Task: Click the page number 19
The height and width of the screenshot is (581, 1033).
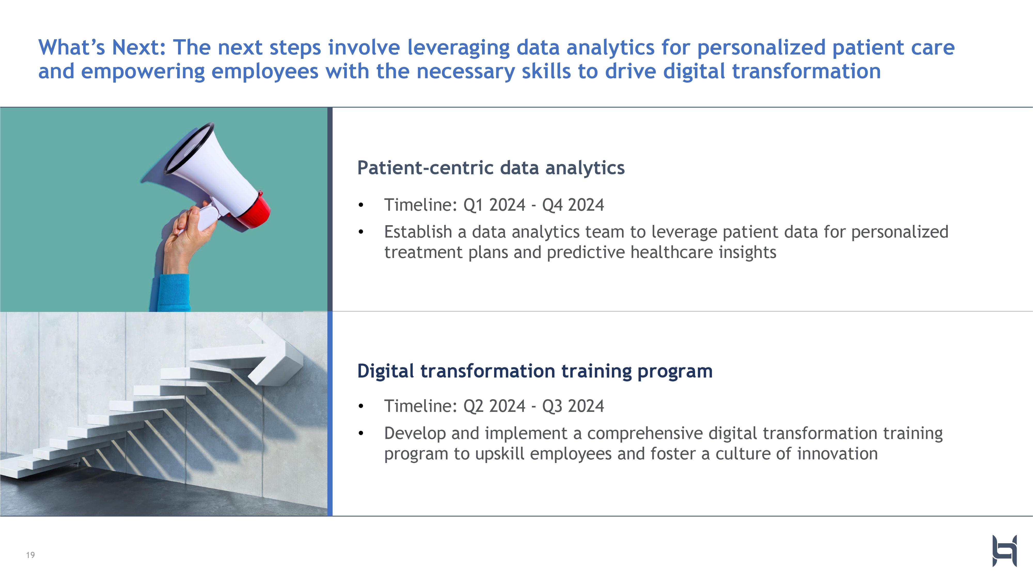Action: pyautogui.click(x=30, y=555)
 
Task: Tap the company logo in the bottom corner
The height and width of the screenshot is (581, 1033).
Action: pyautogui.click(x=1005, y=551)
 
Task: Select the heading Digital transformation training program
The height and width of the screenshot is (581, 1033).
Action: pyautogui.click(x=535, y=371)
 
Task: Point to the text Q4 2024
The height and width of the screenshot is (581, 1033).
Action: pyautogui.click(x=573, y=205)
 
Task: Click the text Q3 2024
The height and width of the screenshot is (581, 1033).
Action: pyautogui.click(x=573, y=406)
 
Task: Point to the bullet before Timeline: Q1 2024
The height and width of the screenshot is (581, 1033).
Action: pyautogui.click(x=361, y=205)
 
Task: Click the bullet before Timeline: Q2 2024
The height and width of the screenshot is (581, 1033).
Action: pyautogui.click(x=361, y=406)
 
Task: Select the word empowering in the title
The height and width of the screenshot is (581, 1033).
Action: pyautogui.click(x=143, y=72)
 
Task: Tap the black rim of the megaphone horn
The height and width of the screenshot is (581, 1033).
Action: pyautogui.click(x=188, y=148)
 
